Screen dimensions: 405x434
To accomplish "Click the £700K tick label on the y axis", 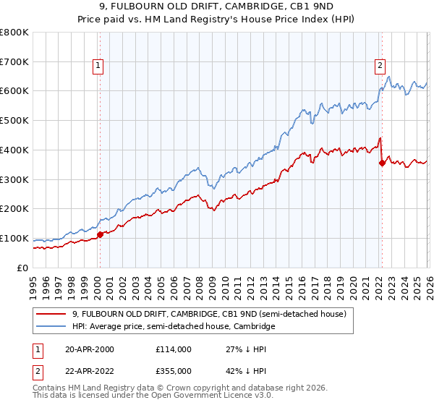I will coord(14,61).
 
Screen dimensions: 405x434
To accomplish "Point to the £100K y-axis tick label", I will coord(14,238).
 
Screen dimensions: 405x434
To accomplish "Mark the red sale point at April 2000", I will coord(100,234).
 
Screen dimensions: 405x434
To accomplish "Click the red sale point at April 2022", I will coord(380,163).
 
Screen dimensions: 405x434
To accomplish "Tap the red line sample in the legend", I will coord(51,314).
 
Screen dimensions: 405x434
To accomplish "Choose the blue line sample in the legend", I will coord(51,327).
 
